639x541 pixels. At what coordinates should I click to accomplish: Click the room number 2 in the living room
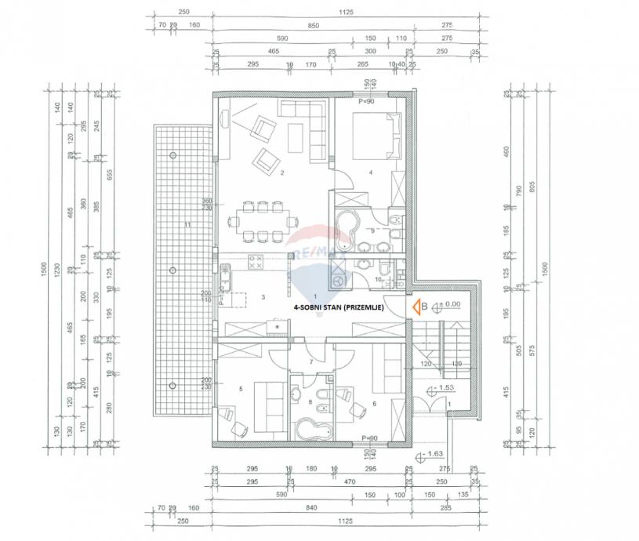pos(281,173)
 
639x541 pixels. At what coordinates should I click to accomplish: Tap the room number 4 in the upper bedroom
pos(370,172)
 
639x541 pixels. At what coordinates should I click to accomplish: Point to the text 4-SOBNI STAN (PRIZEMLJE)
pos(338,309)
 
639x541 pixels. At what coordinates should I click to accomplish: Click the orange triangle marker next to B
pos(416,307)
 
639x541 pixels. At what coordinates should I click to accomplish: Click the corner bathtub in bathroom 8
pos(312,428)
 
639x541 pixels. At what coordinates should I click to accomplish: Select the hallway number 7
pos(310,361)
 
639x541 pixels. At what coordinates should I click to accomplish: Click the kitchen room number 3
pos(264,297)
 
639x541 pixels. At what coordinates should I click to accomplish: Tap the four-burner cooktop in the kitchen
pos(255,263)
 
